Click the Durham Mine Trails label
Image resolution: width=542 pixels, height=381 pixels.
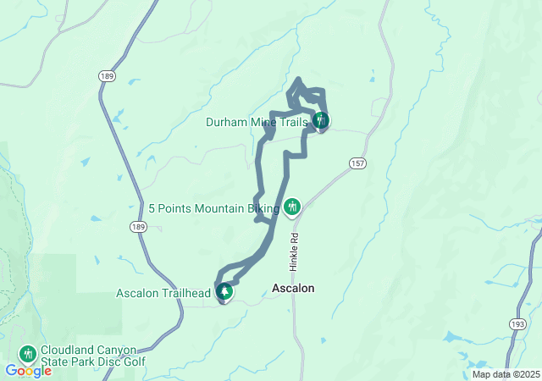(257, 122)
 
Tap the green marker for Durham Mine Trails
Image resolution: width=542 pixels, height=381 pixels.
(320, 120)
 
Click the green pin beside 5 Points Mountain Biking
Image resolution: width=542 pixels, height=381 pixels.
(292, 207)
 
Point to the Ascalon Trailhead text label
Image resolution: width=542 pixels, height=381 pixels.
(163, 294)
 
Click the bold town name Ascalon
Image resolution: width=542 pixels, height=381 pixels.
(294, 289)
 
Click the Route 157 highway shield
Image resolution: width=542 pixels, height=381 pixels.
(357, 162)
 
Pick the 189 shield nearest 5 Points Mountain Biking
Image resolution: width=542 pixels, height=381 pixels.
(139, 227)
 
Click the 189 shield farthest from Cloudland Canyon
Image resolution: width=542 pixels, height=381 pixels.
(107, 76)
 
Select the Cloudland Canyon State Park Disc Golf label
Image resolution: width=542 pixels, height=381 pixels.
(93, 356)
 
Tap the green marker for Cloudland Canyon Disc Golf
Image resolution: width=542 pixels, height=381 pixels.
(28, 352)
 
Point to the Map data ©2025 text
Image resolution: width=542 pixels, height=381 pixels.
(506, 374)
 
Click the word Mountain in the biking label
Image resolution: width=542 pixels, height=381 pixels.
(220, 208)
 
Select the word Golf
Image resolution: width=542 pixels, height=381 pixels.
(132, 362)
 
